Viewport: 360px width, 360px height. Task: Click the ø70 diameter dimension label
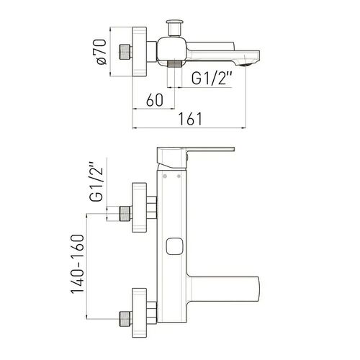pyautogui.click(x=102, y=52)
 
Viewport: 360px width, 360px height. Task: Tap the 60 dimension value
pyautogui.click(x=155, y=100)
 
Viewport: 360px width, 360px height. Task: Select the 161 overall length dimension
pyautogui.click(x=190, y=119)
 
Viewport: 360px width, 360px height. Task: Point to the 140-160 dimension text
pyautogui.click(x=78, y=264)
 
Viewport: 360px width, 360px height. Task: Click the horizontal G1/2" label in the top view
pyautogui.click(x=212, y=78)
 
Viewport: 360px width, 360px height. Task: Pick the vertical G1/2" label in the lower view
pyautogui.click(x=96, y=181)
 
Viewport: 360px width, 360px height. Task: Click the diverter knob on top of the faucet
pyautogui.click(x=175, y=28)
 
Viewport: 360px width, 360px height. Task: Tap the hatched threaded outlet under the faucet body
pyautogui.click(x=174, y=64)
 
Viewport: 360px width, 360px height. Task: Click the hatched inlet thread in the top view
pyautogui.click(x=125, y=52)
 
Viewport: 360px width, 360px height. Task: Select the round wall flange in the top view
pyautogui.click(x=140, y=52)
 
